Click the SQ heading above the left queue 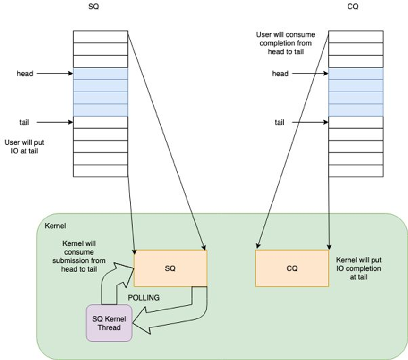[x=100, y=8]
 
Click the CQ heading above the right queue [x=355, y=8]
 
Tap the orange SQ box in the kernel [x=170, y=268]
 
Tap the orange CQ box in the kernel [x=292, y=268]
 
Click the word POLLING [x=144, y=298]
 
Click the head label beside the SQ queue [x=25, y=74]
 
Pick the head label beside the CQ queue [x=280, y=74]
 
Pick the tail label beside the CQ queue [x=280, y=122]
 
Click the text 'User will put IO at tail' [x=24, y=146]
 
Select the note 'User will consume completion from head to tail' [x=285, y=44]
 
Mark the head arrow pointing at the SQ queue [x=54, y=74]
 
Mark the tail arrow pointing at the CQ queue [x=310, y=122]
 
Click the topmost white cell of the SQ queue [x=100, y=37]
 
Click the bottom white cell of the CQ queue [x=355, y=171]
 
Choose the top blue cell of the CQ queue [x=355, y=74]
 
